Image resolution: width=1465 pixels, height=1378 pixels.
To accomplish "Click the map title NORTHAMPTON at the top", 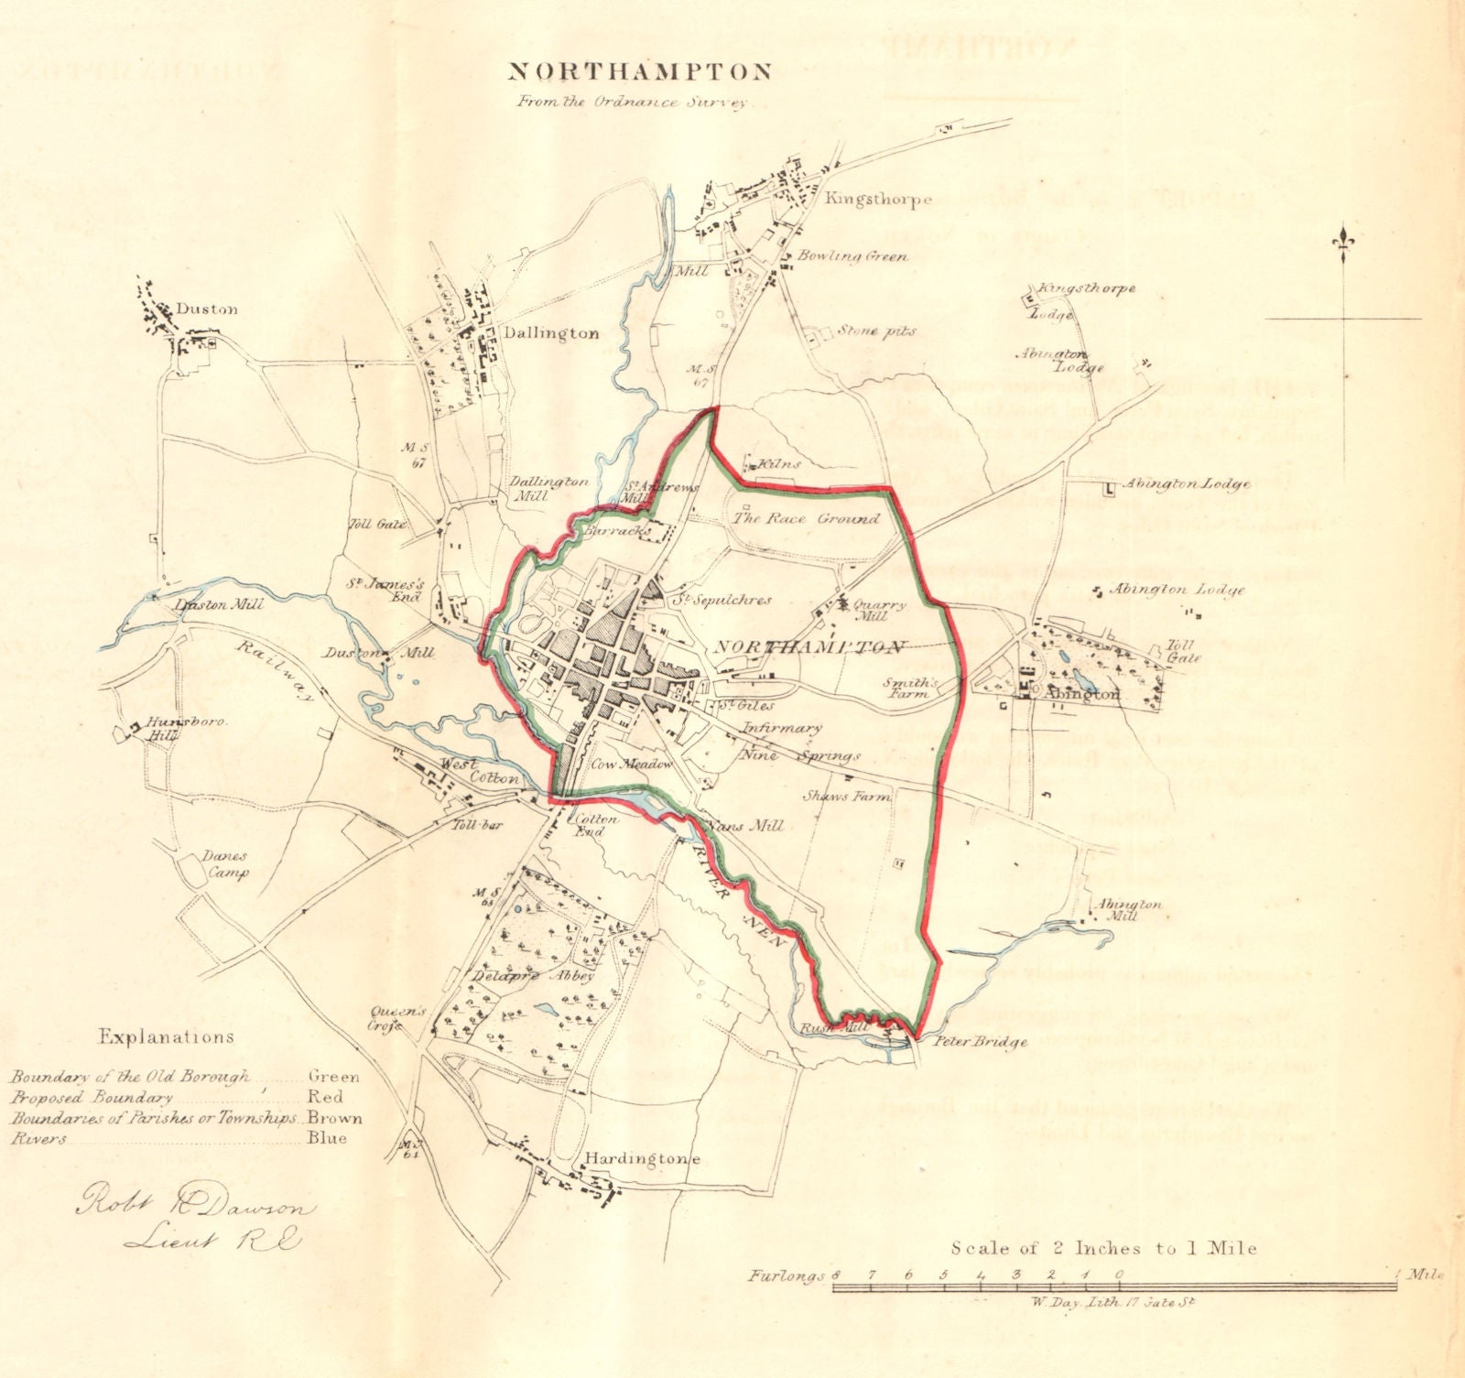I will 639,72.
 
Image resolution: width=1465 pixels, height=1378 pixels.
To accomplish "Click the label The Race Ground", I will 806,519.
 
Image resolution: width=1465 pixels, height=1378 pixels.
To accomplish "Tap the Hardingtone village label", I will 642,1159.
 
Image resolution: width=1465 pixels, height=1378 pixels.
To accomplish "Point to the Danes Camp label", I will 224,864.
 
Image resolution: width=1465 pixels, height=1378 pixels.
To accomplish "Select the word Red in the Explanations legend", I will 327,1097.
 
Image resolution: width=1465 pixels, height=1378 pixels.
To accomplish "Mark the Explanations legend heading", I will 166,1037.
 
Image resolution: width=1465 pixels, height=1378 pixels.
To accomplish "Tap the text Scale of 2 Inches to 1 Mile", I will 1103,1248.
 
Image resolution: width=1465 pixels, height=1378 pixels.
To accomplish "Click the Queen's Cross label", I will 399,1018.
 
